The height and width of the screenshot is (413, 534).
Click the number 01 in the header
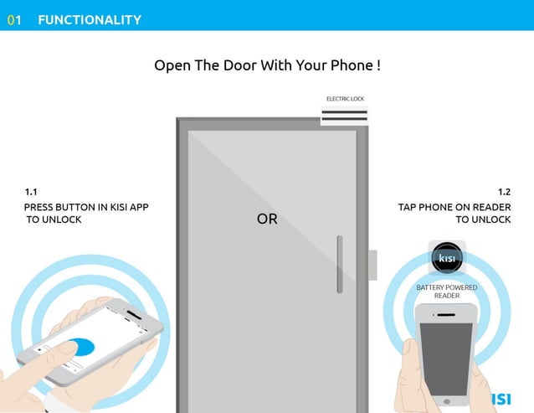pos(13,20)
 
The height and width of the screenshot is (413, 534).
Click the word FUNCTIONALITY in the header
pos(90,20)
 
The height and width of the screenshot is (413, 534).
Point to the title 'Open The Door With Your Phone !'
pos(267,65)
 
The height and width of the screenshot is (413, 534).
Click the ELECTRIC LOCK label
pos(345,99)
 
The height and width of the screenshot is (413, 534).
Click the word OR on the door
pos(267,219)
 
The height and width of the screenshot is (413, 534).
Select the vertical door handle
pos(339,264)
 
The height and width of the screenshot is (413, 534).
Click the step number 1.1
pos(31,192)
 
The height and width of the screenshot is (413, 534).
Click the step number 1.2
pos(504,192)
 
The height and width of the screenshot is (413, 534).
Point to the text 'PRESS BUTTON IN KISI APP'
pos(86,207)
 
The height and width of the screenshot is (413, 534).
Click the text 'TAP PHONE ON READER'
pos(454,207)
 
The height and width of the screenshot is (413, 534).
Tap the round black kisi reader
pos(447,258)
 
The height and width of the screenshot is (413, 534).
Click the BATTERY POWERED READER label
pos(447,292)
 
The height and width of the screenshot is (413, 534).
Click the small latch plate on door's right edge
pos(372,265)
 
